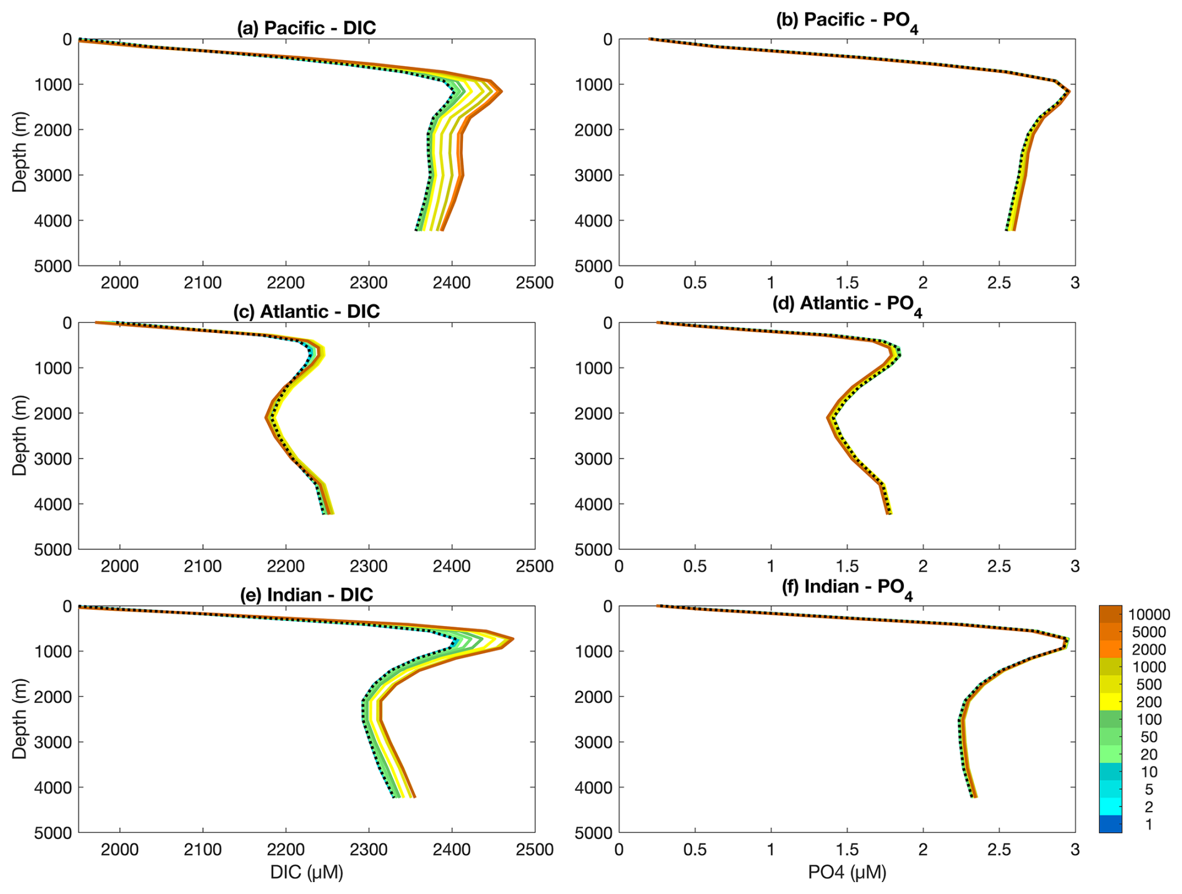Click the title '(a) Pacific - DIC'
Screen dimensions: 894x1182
(x=306, y=28)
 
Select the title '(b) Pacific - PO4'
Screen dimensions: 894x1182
(x=847, y=21)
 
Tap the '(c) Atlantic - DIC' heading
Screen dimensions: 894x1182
(x=306, y=311)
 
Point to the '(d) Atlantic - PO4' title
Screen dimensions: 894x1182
(x=847, y=304)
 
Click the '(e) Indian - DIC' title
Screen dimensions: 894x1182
(x=306, y=594)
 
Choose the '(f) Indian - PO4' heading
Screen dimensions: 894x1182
(x=847, y=587)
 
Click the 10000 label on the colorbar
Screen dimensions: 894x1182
(x=1148, y=615)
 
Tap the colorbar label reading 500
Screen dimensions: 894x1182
(x=1148, y=685)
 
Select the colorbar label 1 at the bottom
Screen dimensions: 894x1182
(x=1148, y=825)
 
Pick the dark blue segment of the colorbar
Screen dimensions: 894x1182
(x=1110, y=824)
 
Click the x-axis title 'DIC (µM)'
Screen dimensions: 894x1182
(x=306, y=872)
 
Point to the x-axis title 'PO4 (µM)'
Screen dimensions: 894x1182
(x=847, y=872)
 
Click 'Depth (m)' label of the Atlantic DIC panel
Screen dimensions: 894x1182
(x=20, y=435)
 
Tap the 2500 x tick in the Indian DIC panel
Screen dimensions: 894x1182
(x=535, y=850)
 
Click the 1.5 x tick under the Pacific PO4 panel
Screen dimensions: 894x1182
(x=847, y=283)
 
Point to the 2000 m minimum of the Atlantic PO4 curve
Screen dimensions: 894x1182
(x=828, y=417)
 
